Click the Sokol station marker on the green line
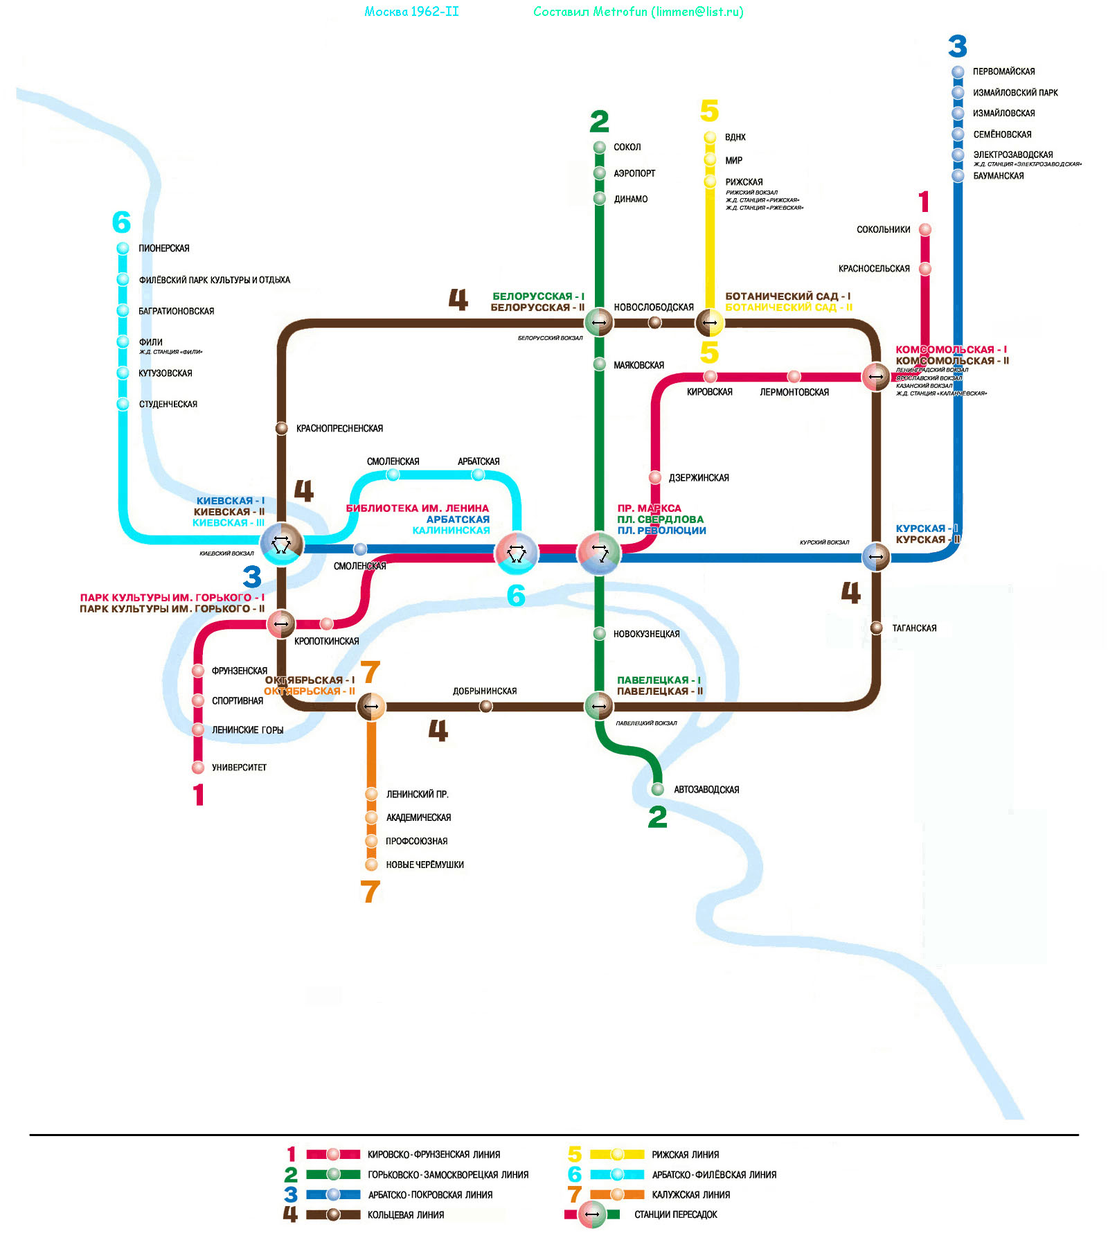[600, 147]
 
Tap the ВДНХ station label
[735, 137]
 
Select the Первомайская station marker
[958, 71]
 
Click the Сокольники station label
[883, 229]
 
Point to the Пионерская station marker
[123, 248]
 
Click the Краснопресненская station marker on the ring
[281, 428]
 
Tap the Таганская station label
[914, 628]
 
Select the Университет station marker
[198, 767]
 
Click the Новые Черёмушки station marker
[371, 865]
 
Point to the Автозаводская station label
[706, 790]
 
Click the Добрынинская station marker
[486, 706]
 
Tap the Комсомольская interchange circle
[876, 376]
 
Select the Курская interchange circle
[876, 556]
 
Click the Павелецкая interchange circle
[599, 706]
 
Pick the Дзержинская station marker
[655, 477]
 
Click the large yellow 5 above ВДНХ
[709, 111]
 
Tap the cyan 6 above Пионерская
[121, 222]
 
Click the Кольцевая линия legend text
[406, 1214]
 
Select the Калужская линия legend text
[690, 1194]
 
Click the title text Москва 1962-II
[411, 12]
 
